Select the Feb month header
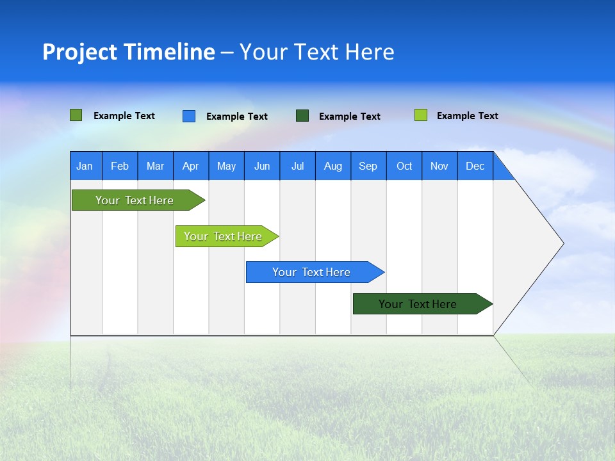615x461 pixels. tap(120, 166)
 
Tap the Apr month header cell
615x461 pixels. tap(191, 166)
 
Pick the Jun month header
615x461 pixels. tap(262, 166)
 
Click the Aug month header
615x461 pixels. tap(333, 166)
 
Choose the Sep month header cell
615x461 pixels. tap(368, 166)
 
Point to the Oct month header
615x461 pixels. tap(404, 166)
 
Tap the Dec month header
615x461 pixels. tap(475, 166)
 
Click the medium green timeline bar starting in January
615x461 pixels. tap(135, 200)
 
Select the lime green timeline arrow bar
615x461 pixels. tap(223, 236)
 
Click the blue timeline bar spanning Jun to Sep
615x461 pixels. tap(311, 272)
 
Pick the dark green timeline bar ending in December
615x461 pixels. tap(418, 304)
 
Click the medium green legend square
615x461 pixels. tap(76, 115)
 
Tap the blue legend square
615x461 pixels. tap(189, 116)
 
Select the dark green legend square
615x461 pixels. tap(302, 116)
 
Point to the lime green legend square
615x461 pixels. tap(421, 115)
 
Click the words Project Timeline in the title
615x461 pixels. tap(129, 52)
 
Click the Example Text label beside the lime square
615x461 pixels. tap(467, 116)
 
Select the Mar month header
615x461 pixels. tap(155, 166)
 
